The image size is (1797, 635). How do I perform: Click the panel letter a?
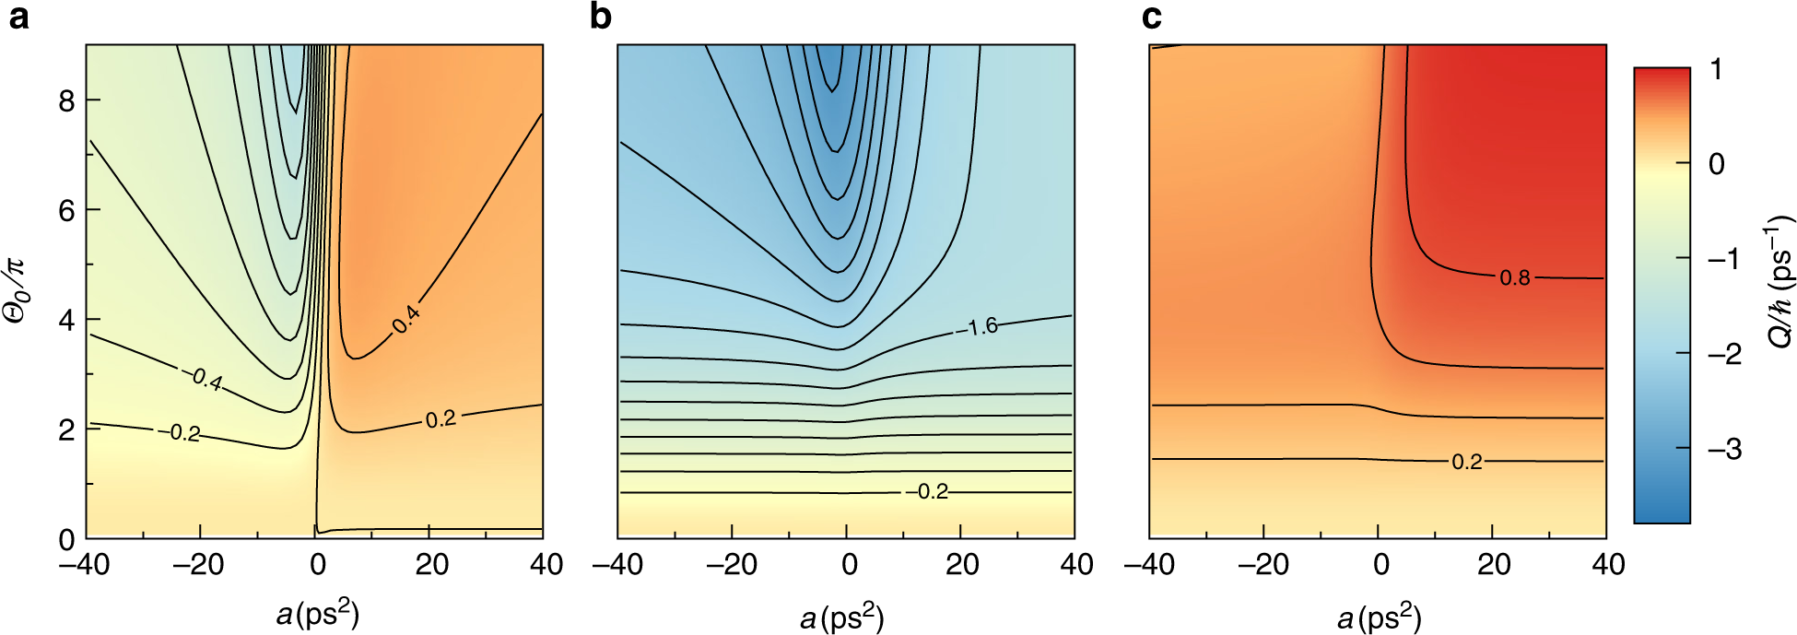(18, 17)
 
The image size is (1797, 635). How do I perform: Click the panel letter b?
(600, 17)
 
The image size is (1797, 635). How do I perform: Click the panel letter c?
(1152, 17)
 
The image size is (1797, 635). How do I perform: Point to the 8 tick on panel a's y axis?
(66, 100)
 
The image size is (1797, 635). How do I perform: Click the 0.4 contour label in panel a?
(405, 320)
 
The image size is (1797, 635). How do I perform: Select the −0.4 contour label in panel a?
(206, 380)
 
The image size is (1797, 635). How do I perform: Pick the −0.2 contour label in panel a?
(184, 432)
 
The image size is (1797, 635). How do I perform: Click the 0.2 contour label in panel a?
(440, 419)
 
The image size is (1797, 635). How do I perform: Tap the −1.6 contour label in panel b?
(982, 326)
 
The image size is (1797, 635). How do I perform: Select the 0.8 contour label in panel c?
(1514, 277)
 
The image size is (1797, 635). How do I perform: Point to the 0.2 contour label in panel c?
(1467, 462)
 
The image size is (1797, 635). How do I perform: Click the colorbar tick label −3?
(1722, 449)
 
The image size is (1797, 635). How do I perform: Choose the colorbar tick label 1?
(1716, 69)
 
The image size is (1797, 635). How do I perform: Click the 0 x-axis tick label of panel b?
(849, 564)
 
